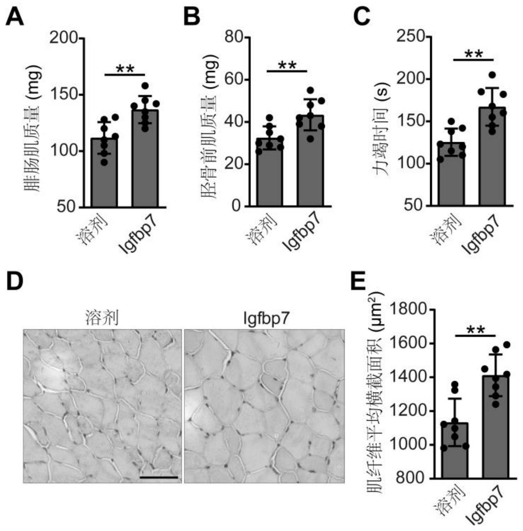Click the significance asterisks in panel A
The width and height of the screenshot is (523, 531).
[125, 69]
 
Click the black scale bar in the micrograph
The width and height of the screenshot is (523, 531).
[158, 477]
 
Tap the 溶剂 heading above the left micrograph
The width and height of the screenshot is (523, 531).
[102, 317]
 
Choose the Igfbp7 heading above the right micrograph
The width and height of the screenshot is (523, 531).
[264, 317]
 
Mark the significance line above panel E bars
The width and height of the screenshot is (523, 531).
[475, 336]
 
